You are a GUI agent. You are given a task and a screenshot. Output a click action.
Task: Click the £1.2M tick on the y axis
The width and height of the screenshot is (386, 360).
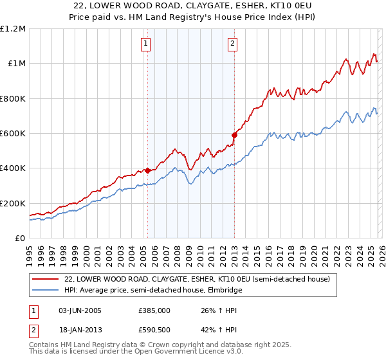click(x=13, y=29)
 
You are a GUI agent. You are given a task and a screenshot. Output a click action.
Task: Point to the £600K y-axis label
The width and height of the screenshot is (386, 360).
click(x=13, y=134)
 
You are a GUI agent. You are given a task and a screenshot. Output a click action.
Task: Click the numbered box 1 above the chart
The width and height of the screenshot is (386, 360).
click(x=147, y=44)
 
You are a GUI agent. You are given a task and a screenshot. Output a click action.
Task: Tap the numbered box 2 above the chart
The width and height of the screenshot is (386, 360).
click(x=232, y=44)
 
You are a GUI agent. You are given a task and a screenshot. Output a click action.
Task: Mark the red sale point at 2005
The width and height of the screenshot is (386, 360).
click(x=147, y=170)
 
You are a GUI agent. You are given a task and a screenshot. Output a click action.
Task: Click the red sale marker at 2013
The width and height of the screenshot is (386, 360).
click(x=234, y=135)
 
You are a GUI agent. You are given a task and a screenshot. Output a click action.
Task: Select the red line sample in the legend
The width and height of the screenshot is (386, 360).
click(x=46, y=279)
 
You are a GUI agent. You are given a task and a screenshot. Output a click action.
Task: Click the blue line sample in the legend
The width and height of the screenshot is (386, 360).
click(x=46, y=290)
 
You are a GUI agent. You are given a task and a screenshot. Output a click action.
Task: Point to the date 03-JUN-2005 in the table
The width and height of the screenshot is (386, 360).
click(x=80, y=310)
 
